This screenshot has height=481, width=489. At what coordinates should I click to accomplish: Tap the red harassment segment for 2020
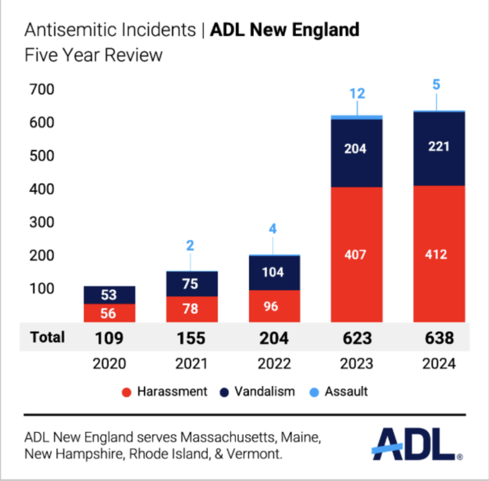tap(109, 313)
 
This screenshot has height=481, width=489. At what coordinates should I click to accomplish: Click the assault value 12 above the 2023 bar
tap(357, 93)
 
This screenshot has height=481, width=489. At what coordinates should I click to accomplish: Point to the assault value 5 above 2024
tap(437, 85)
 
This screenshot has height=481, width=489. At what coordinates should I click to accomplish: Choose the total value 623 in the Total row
tap(357, 338)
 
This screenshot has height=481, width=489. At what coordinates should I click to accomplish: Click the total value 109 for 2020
tap(109, 338)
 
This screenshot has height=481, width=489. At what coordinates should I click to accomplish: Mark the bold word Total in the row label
tap(47, 337)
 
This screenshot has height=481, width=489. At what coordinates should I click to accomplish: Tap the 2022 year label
tap(274, 364)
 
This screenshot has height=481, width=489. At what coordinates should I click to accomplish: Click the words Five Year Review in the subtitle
tap(93, 54)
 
